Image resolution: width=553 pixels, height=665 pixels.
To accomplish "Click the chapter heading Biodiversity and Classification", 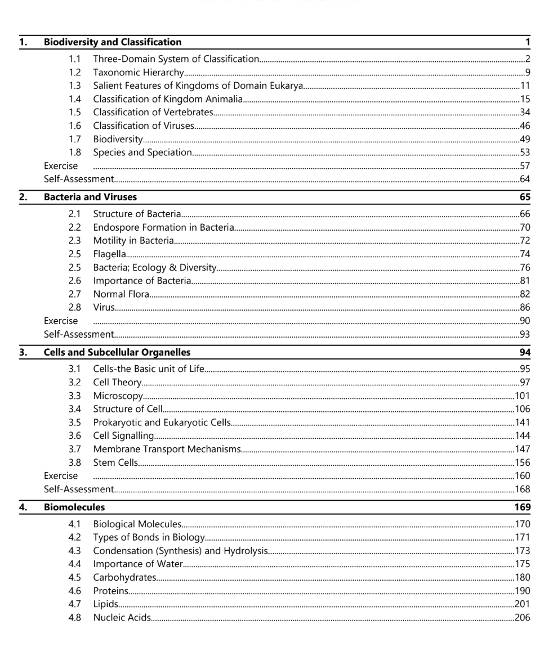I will point(113,42).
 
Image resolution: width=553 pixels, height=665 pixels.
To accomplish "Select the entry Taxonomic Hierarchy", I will point(139,72).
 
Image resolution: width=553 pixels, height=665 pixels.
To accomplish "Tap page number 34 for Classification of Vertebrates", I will point(525,112).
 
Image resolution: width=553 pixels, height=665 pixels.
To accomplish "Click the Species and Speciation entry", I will point(142,152).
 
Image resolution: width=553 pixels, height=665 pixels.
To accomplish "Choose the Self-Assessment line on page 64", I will point(79,179).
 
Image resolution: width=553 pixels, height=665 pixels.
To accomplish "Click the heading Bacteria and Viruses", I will point(90,197).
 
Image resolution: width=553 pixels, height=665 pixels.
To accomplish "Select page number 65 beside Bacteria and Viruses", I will point(525,197).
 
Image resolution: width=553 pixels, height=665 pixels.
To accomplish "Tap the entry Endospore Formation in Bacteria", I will point(163,227).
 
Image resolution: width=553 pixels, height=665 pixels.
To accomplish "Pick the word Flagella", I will point(109,254).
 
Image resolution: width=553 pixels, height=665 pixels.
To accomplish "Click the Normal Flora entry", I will point(121,294).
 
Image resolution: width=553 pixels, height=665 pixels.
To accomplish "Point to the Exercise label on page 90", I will point(61,321).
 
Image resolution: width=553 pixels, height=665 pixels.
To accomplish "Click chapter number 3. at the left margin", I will point(23,352).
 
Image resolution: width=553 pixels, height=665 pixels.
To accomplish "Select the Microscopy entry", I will point(118,396).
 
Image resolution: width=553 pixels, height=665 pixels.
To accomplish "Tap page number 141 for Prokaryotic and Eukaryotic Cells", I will point(523,423).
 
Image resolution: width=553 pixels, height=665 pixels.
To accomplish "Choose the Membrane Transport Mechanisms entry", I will point(167,449).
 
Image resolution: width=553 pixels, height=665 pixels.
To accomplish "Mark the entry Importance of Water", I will point(138,564).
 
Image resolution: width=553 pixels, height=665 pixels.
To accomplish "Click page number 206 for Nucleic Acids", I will point(523,618).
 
